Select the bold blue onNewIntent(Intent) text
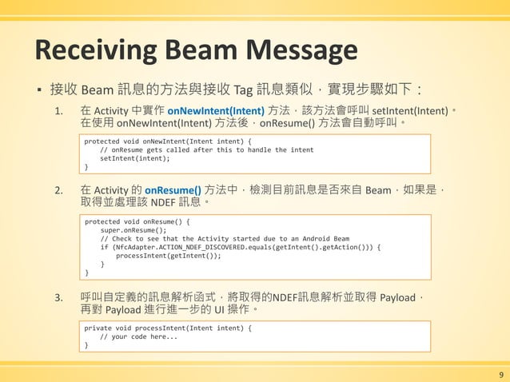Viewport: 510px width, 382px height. (215, 109)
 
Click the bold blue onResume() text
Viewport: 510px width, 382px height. (173, 190)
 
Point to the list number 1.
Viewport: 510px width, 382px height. (58, 110)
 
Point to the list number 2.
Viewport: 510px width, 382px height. (58, 191)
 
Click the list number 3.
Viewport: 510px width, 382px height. (58, 299)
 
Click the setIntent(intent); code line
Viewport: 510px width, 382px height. (135, 158)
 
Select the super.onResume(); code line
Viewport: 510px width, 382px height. (133, 229)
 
